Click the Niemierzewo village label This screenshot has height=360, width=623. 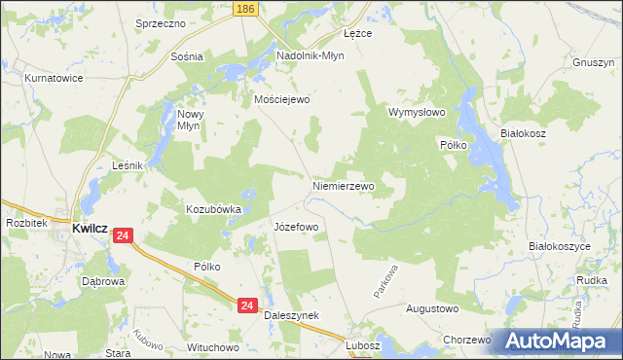[x=343, y=184]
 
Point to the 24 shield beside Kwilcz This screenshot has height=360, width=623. [x=123, y=235]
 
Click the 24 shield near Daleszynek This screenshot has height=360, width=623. [x=247, y=305]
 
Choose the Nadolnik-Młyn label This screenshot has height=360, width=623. [x=311, y=55]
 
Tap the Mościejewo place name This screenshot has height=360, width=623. [x=280, y=99]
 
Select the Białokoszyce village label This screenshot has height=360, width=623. [x=560, y=247]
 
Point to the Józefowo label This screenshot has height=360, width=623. [x=296, y=227]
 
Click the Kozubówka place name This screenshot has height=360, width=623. [x=213, y=208]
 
